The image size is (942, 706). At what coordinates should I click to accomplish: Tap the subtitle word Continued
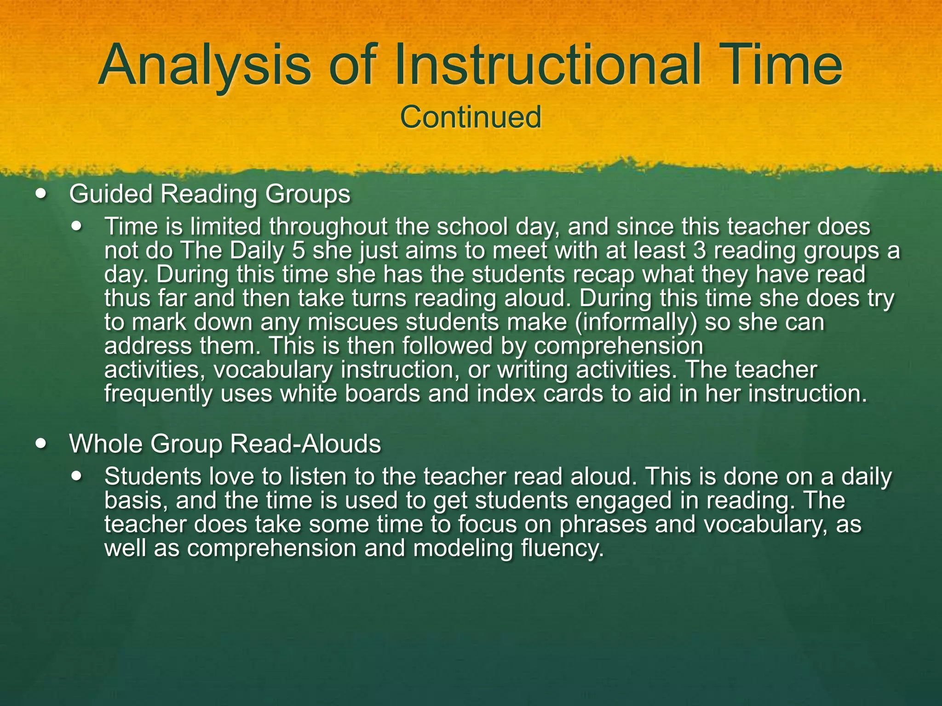(x=471, y=117)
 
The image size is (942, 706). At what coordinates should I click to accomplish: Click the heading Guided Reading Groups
(x=210, y=194)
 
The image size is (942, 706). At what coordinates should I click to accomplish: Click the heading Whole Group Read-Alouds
(x=225, y=444)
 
